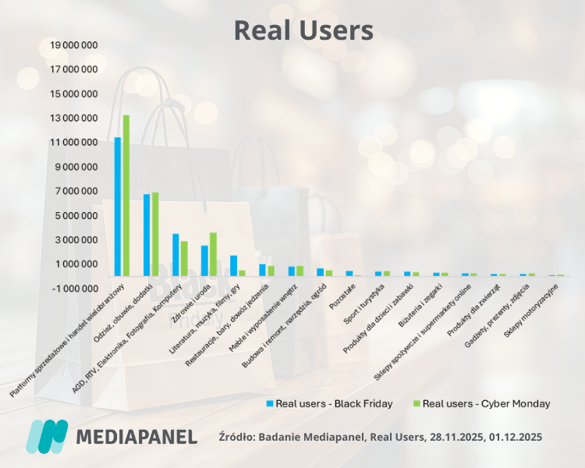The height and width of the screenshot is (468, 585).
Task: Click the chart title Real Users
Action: coord(303,30)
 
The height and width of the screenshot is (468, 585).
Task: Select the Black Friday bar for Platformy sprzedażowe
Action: coord(118,207)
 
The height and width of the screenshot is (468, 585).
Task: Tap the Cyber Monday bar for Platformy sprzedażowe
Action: coord(126,195)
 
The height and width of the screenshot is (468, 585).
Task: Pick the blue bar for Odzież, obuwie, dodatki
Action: coord(147,235)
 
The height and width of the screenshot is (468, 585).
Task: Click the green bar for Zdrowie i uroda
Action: coord(213,254)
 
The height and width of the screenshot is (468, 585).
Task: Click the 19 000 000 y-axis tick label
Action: coord(69,45)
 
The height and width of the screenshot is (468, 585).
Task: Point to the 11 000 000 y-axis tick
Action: coord(69,143)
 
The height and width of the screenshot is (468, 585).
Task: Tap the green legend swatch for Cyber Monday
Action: coord(417,404)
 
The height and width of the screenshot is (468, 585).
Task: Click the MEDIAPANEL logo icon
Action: coord(47,436)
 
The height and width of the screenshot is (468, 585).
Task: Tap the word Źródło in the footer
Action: coord(236,437)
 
